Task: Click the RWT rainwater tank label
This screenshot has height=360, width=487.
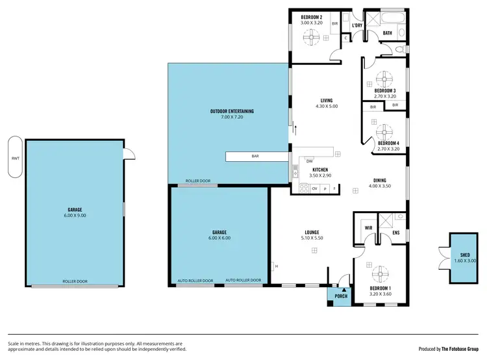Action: pos(14,158)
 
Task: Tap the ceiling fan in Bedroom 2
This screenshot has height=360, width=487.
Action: pos(311,38)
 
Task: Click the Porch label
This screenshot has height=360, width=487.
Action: pos(341,296)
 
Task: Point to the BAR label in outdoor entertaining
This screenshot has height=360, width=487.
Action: pos(255,157)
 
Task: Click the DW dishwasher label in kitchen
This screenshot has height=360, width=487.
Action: pos(310,161)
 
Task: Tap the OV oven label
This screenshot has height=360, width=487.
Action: pos(314,188)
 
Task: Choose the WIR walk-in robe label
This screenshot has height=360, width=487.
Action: pos(368,228)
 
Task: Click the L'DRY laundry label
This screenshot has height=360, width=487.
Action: pos(356,25)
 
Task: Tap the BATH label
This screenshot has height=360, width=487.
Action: pos(387,32)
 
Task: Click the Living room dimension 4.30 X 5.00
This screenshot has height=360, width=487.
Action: pos(327,106)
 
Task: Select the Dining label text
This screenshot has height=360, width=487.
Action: pos(380,180)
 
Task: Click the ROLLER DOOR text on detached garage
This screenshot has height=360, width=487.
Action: pos(75,281)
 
